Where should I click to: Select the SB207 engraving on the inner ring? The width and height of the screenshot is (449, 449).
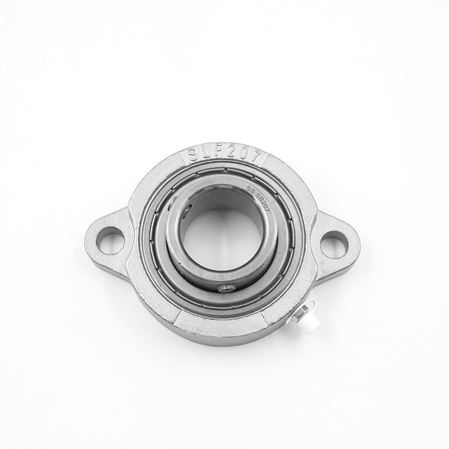point(264,203)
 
